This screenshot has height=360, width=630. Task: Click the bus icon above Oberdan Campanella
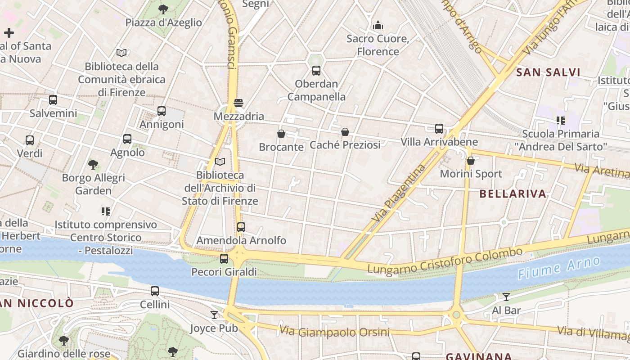316,70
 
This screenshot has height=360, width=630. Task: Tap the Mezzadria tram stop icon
238,103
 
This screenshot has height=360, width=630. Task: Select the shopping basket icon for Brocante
281,134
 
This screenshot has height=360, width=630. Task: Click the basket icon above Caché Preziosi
345,132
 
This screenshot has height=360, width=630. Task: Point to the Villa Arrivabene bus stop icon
439,129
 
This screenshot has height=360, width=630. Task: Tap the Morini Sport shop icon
471,161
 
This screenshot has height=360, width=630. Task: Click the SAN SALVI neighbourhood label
548,72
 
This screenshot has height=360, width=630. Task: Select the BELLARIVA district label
513,194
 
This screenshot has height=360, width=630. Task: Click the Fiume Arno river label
559,269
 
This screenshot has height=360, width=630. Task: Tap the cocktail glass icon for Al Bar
506,297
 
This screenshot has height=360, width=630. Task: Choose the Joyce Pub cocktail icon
214,315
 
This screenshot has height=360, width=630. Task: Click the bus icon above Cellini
155,291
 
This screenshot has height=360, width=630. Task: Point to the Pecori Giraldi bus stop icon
224,259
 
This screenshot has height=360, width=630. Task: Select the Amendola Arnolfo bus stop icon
241,227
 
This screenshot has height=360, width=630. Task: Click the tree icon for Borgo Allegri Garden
93,165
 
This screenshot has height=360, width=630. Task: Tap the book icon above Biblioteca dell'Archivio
220,162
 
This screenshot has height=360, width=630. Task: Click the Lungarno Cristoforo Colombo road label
445,261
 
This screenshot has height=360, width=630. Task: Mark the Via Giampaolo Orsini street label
334,332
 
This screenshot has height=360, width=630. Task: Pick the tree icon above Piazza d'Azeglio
163,9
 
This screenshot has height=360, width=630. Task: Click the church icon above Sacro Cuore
378,25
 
